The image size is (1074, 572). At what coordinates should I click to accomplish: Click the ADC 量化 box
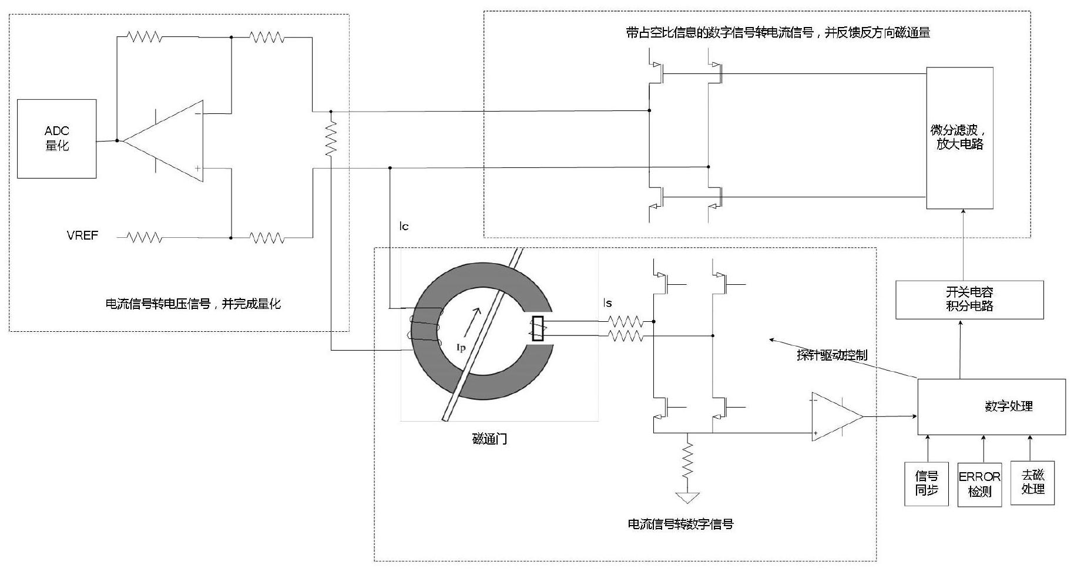point(56,139)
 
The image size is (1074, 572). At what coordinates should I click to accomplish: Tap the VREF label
point(82,235)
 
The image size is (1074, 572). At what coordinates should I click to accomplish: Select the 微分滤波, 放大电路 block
point(959,138)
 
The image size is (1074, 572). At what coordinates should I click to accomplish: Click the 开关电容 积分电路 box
point(969,300)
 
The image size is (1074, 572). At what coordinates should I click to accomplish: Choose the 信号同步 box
point(927,483)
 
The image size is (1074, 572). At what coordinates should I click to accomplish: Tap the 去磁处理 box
point(1032,482)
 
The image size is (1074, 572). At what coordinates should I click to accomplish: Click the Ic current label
point(404,226)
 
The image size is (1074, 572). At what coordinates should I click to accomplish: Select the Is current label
point(608,303)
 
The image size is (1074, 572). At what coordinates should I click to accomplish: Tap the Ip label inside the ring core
point(461,348)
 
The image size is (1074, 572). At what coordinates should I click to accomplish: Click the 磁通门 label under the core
point(489,439)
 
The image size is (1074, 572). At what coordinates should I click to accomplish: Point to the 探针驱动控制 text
point(831,355)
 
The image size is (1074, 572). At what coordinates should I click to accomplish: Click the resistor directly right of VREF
point(145,237)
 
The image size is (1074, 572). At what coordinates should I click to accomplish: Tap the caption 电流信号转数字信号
point(680,524)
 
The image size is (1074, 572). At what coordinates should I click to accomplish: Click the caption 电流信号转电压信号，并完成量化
point(193,304)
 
